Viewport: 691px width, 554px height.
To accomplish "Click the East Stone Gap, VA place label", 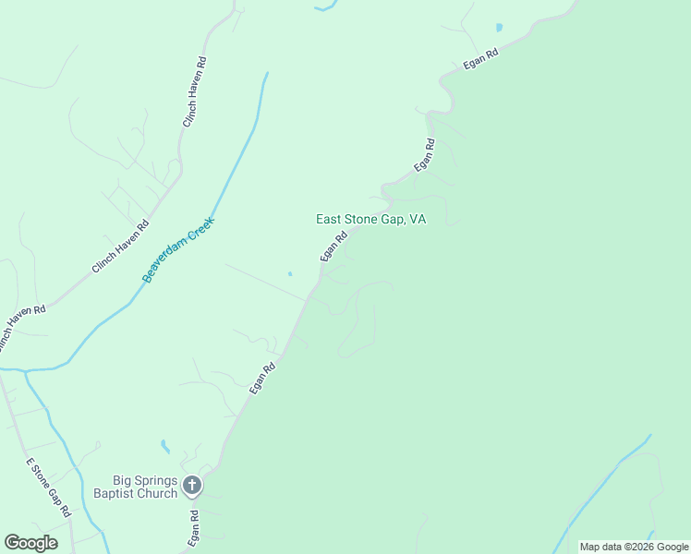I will [370, 220].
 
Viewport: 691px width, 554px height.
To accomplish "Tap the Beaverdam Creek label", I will [178, 249].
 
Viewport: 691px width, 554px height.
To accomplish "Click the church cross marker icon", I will [191, 485].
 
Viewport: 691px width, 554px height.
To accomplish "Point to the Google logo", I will [30, 543].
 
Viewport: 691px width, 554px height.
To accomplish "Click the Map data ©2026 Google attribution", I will [634, 547].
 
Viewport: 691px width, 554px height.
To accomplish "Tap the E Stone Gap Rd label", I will [48, 487].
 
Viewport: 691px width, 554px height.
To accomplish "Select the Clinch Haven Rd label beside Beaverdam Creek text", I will [120, 247].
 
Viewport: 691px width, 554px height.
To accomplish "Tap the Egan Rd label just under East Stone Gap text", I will [333, 246].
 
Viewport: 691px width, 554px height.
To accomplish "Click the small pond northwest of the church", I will [165, 447].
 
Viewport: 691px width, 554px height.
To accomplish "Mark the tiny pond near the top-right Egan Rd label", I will [500, 28].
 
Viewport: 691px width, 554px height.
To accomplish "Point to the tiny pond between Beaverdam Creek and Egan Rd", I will [289, 273].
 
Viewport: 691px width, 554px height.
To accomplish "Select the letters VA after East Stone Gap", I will [418, 220].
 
